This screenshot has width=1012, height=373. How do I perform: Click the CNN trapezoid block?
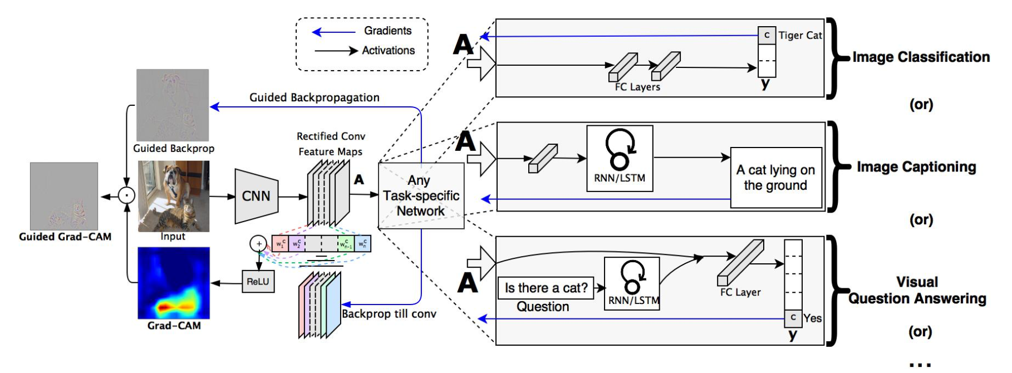pos(256,196)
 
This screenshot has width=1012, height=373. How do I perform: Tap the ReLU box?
pos(258,282)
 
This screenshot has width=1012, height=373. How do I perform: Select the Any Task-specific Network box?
pos(421,195)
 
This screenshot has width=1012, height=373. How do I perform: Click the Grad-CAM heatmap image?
pos(174,283)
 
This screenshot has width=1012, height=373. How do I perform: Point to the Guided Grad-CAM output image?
pos(64,196)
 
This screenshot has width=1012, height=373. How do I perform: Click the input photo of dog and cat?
pos(174,196)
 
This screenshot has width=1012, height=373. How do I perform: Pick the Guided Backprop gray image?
pos(173,105)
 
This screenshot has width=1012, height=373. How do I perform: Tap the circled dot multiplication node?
pos(127,196)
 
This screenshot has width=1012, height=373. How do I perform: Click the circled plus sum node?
pos(258,243)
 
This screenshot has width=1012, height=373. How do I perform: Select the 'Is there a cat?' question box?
pos(546,288)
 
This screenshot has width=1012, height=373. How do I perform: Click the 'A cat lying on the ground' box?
pos(776,178)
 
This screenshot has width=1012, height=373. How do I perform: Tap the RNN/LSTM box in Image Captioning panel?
pos(620,159)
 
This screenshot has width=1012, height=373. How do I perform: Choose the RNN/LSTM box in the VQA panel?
pos(632,283)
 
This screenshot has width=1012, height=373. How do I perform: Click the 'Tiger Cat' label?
pos(800,35)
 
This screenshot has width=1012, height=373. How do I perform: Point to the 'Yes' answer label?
pos(813,318)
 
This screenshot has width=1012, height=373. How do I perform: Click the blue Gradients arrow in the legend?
pos(334,32)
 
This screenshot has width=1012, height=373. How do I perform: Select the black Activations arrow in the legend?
pos(336,51)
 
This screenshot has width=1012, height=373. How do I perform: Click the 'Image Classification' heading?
pos(921,57)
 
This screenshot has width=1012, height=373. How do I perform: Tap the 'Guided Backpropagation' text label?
pos(315,97)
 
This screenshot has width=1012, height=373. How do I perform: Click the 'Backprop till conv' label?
pos(389,314)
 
